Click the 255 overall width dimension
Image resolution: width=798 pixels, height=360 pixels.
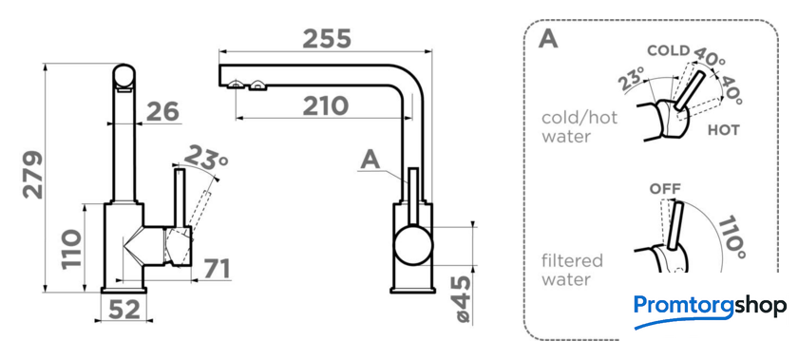point(327,39)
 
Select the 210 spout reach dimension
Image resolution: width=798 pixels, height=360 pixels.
point(326,106)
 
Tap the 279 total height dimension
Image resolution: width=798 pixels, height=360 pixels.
point(33,174)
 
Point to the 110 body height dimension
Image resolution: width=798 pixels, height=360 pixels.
point(71,250)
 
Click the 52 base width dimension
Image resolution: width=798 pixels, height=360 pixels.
point(123,309)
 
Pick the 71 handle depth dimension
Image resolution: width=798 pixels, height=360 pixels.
point(217,269)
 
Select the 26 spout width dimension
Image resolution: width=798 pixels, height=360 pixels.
point(162,111)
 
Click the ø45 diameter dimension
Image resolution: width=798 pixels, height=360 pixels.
point(463,300)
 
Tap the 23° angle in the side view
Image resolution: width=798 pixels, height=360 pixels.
point(205,158)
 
